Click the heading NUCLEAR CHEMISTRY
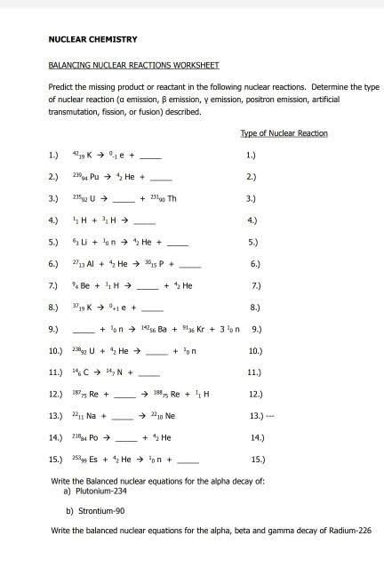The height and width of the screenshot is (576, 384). click(92, 40)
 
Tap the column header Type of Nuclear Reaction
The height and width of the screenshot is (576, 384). click(284, 133)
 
